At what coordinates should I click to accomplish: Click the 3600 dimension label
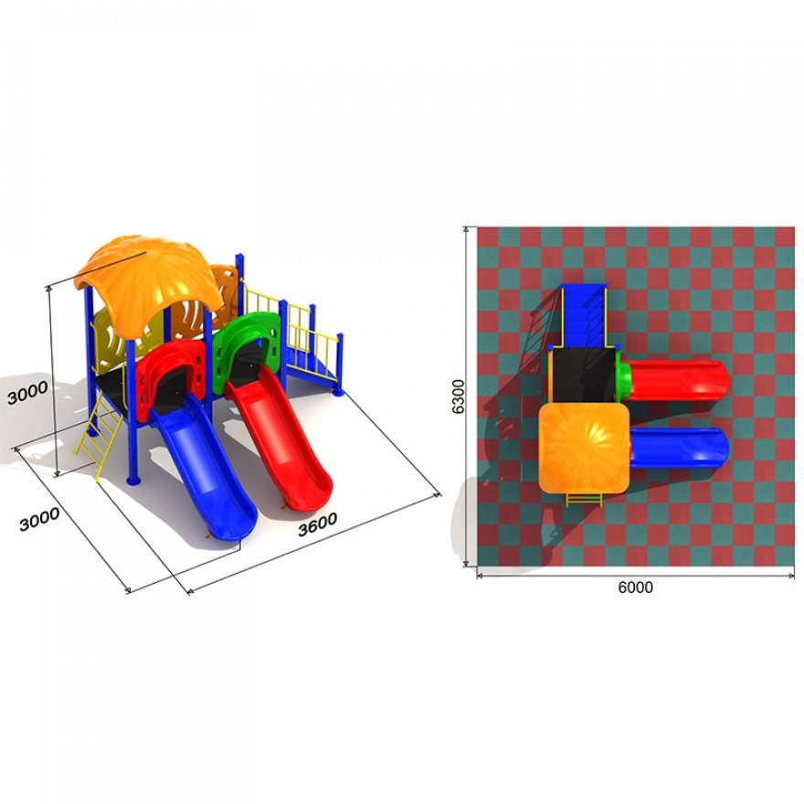pos(317,524)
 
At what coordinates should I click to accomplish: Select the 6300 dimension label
pos(458,397)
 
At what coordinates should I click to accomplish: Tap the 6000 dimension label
pos(635,587)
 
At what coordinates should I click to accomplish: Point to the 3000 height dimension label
pos(27,393)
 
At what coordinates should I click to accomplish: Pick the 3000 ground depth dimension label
pos(39,520)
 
